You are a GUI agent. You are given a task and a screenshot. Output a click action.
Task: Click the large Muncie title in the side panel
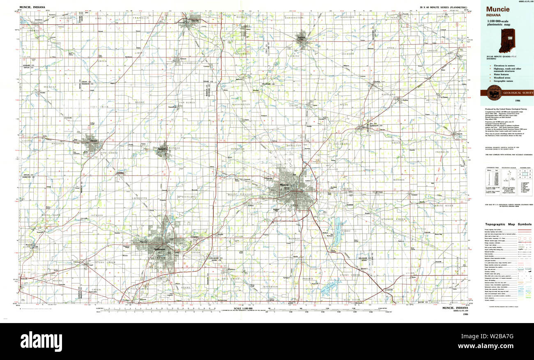498,9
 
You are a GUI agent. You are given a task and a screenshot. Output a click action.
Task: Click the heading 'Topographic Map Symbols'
508,225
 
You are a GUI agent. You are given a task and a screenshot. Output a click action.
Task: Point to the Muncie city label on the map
284,185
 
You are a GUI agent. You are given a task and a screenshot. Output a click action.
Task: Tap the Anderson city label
159,249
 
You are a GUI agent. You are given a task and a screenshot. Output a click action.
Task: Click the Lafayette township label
140,198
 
